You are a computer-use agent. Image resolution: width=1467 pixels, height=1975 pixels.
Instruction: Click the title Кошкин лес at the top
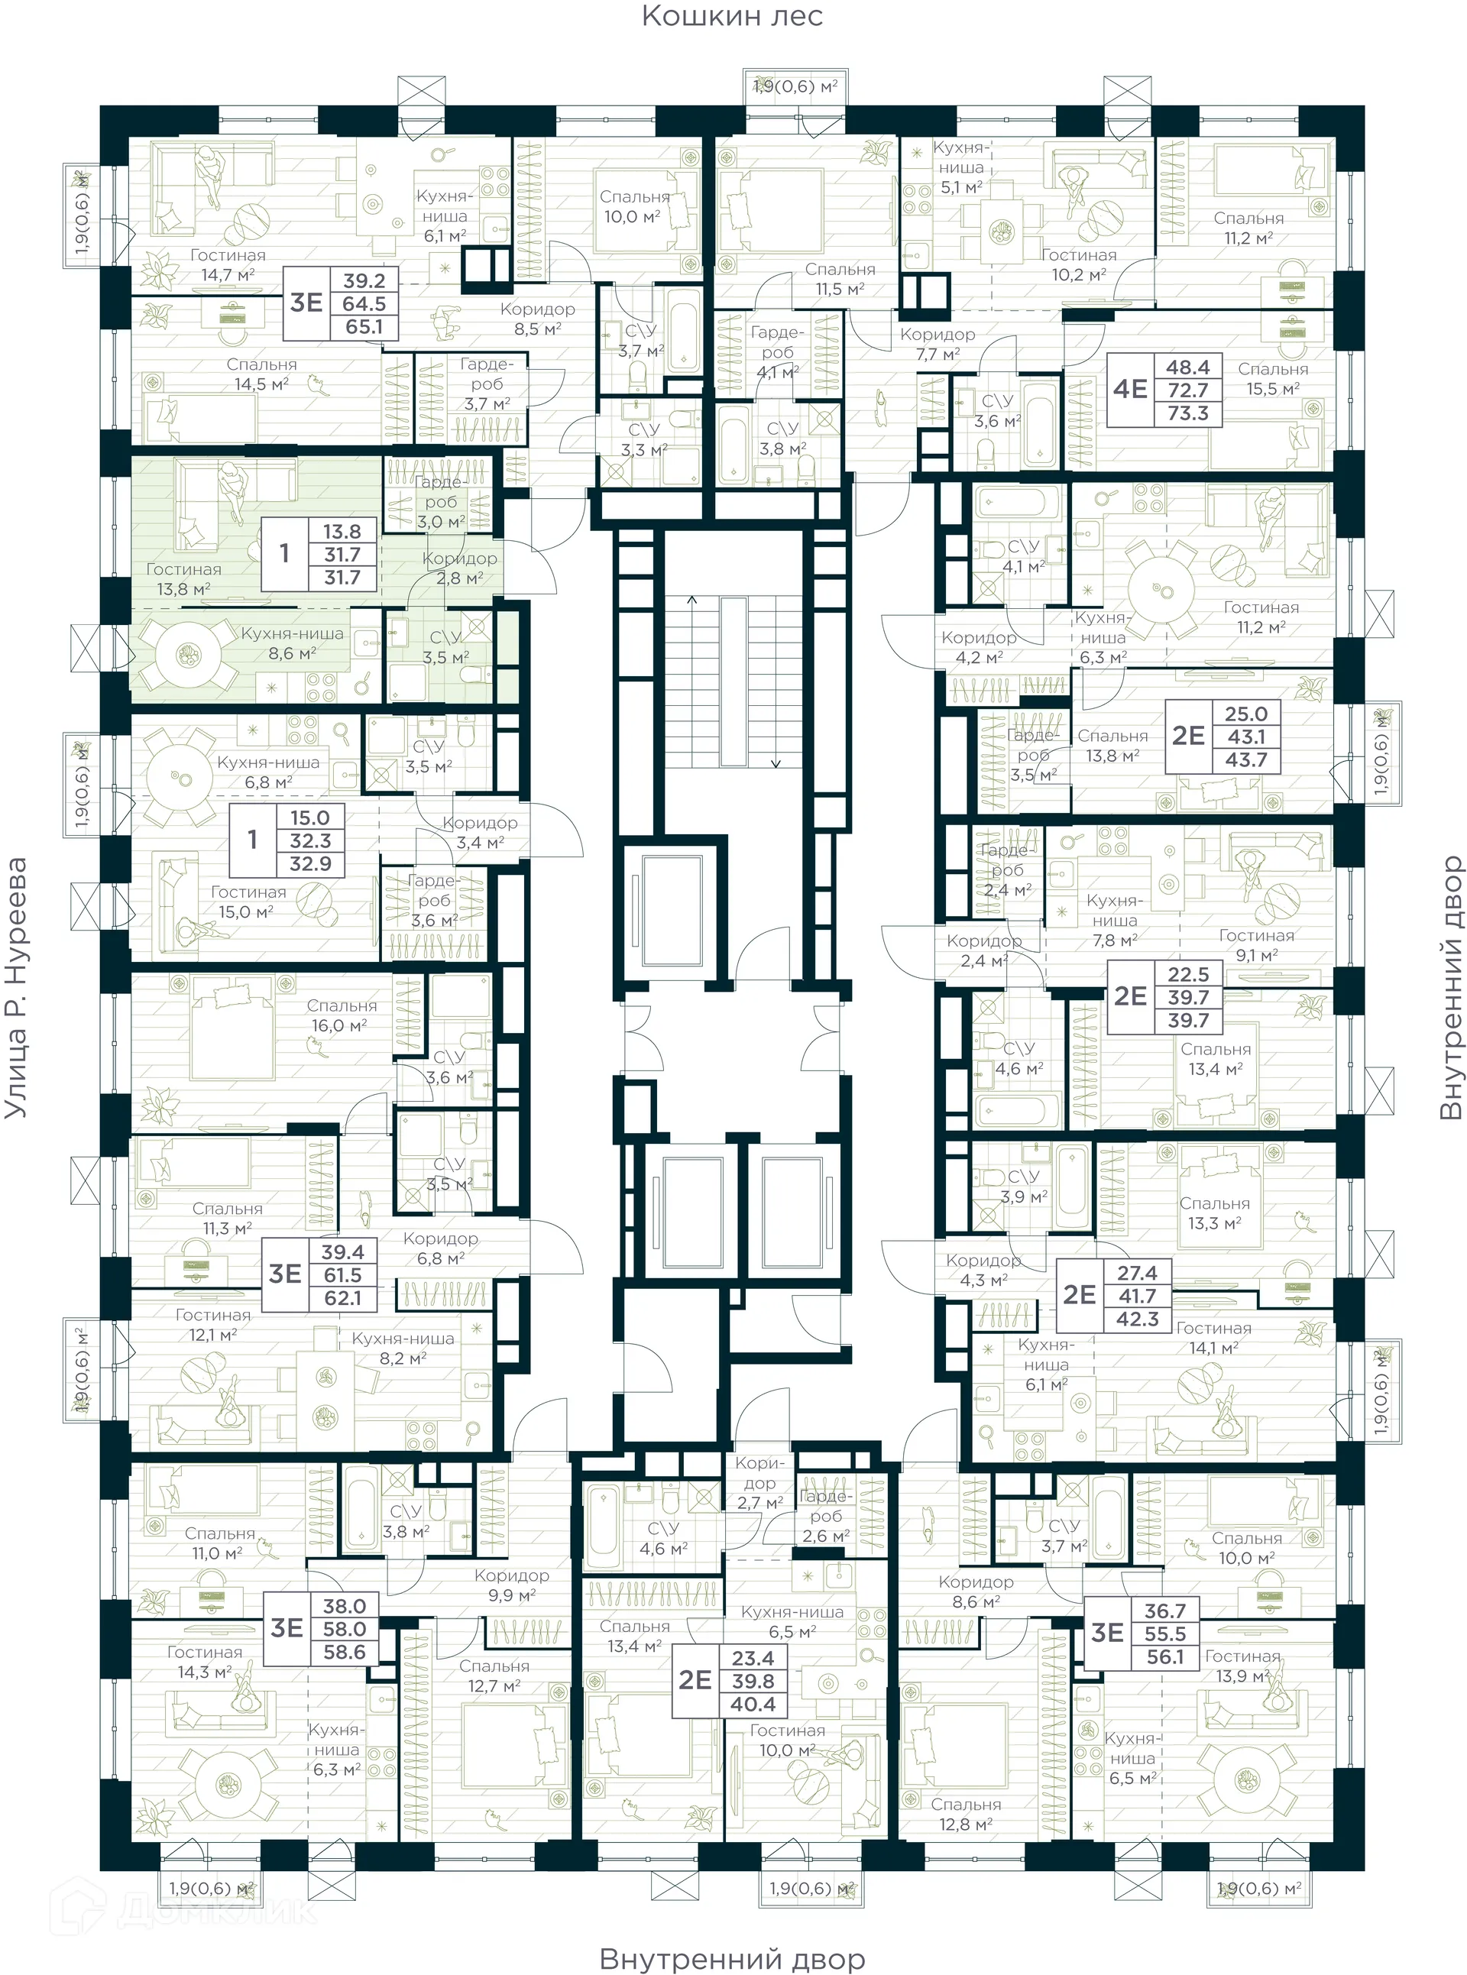pos(732,16)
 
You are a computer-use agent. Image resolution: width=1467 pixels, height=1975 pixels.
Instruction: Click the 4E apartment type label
pos(1131,389)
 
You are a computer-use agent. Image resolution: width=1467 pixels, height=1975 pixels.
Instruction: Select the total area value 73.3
pos(1187,413)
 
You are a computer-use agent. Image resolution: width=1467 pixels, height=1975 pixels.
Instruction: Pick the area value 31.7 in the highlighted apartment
pos(342,555)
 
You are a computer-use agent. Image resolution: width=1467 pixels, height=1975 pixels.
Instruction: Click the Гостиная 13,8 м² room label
pos(183,579)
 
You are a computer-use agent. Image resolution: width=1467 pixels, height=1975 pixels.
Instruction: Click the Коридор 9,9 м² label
pos(511,1585)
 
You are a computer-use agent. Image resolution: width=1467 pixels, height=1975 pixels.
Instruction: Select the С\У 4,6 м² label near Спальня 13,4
pos(1018,1058)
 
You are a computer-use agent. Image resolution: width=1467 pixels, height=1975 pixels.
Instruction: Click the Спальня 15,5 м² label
pos(1271,378)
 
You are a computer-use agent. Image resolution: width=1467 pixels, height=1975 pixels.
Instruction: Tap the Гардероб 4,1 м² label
pos(777,352)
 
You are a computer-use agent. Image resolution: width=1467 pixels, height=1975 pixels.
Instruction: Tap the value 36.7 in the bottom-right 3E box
pos(1164,1610)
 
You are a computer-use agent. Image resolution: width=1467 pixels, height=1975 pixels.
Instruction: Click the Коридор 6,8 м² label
pos(440,1248)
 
